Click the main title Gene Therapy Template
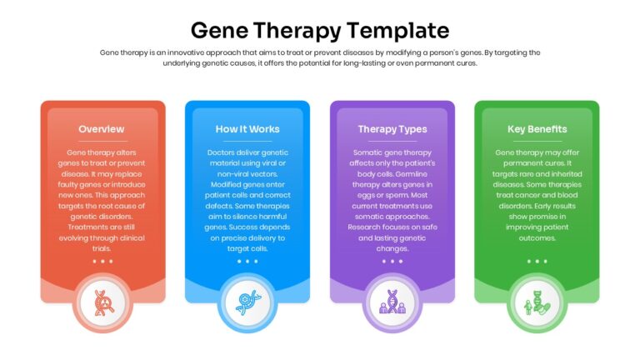[x=320, y=31]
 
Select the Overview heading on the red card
[x=102, y=129]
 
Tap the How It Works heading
[x=247, y=129]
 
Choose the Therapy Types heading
[x=392, y=129]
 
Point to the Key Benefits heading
[x=537, y=129]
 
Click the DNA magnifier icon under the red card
[x=102, y=302]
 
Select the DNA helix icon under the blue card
[x=247, y=302]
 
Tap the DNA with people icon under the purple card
[x=392, y=302]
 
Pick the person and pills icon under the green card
[x=537, y=302]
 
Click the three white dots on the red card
[x=102, y=261]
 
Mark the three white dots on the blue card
[x=247, y=261]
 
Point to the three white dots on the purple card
[x=392, y=261]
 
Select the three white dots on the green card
[x=537, y=261]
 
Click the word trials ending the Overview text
[x=102, y=248]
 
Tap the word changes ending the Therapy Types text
[x=392, y=248]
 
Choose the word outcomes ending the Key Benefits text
[x=537, y=238]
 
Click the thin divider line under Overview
[x=102, y=141]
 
